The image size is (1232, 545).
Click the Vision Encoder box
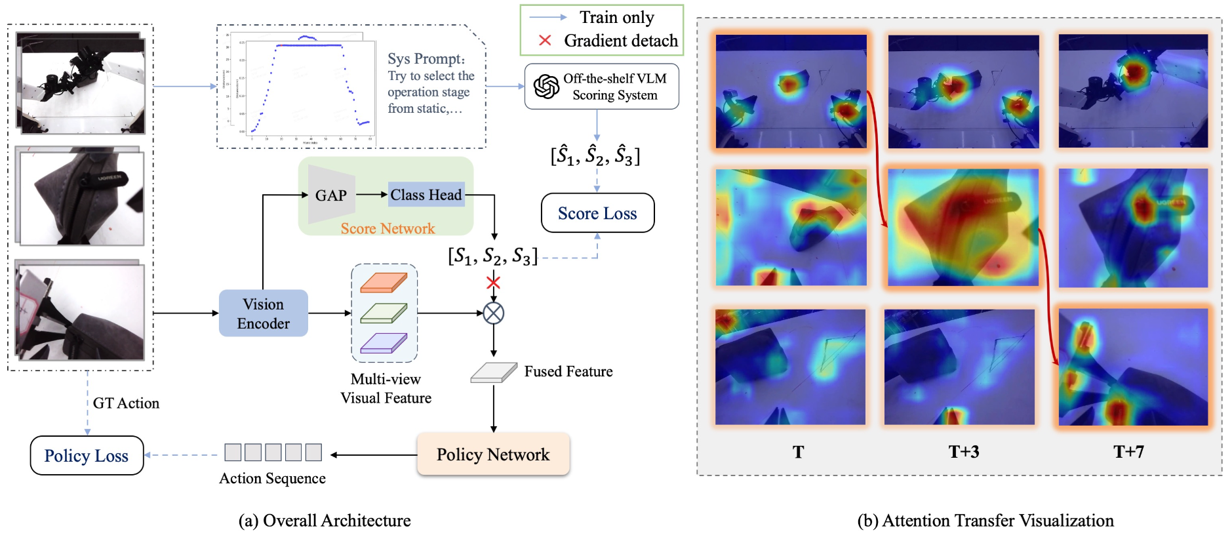pos(263,313)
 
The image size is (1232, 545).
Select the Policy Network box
pos(493,454)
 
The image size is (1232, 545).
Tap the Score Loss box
pos(597,213)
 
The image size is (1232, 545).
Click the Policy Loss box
pos(87,456)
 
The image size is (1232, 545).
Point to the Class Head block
pos(426,195)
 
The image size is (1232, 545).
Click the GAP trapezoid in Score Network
pos(331,195)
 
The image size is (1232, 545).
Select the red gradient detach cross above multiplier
pos(493,283)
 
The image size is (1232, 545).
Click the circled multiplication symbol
pos(493,313)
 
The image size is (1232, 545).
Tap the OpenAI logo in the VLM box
pos(546,87)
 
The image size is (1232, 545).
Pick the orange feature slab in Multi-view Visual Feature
pos(384,283)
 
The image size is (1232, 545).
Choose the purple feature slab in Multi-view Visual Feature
pos(384,343)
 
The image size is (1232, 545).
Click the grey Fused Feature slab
pos(493,373)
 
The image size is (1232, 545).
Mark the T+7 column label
pos(1128,452)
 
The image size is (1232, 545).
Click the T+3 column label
pos(963,452)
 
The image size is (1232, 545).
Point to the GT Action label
pos(126,403)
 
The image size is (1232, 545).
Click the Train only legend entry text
pos(616,17)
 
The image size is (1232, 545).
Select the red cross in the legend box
pos(545,41)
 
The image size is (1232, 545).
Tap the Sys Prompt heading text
pos(426,59)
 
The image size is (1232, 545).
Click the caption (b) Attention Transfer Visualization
pos(985,521)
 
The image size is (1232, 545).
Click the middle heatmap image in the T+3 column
pos(963,227)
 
